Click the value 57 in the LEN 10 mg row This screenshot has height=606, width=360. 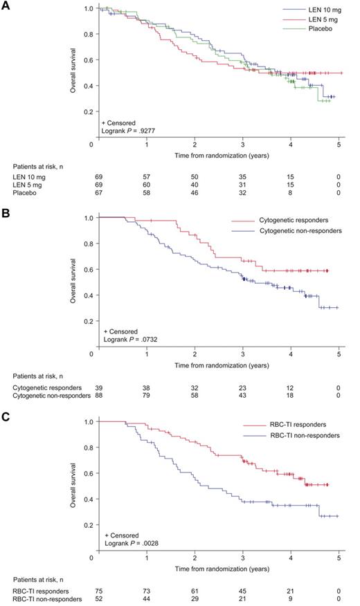(x=147, y=178)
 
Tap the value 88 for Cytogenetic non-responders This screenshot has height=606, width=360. (x=99, y=395)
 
